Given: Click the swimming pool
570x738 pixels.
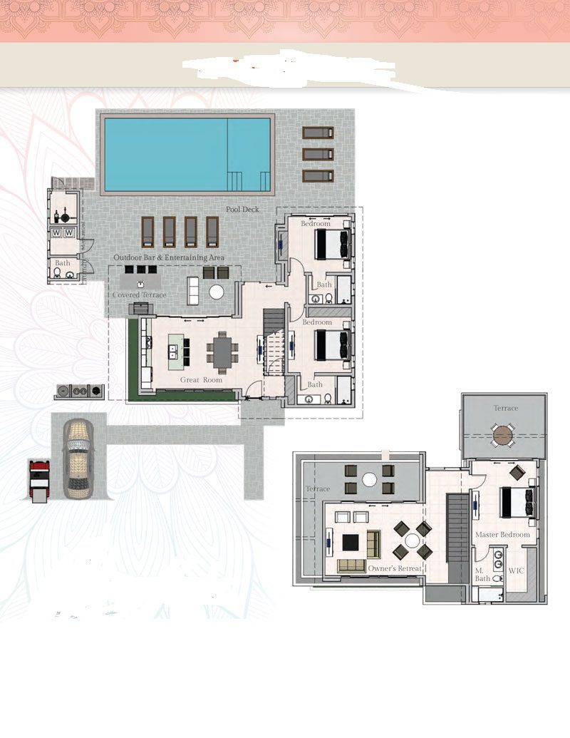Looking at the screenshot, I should coord(187,155).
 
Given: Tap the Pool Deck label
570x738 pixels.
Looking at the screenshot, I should coord(242,210).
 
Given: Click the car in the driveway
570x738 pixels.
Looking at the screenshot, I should coord(78,458).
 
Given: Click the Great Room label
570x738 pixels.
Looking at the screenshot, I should coord(201,380).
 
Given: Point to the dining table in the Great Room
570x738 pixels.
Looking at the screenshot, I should coord(224,350).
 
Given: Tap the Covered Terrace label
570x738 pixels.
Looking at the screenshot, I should coord(140,295).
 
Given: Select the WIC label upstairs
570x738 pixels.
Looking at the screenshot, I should coord(517,571).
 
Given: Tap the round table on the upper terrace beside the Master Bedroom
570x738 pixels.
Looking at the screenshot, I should coord(504,435).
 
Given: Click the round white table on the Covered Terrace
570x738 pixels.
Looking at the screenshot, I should coord(216,292).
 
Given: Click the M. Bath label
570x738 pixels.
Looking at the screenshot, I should coord(482,575).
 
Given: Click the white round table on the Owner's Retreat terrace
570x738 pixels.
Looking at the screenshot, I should coord(369,480).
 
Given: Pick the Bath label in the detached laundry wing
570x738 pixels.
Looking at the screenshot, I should coord(63,263).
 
